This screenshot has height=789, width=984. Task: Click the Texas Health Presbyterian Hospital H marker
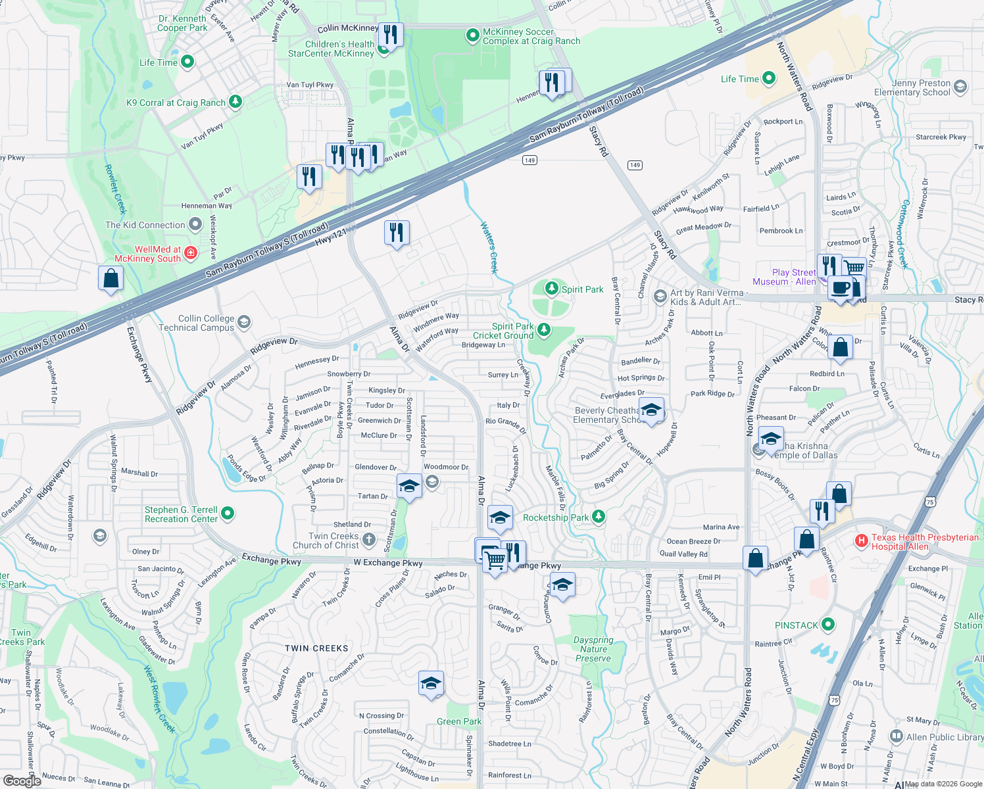coord(861,541)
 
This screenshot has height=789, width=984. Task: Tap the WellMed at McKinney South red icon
coord(190,253)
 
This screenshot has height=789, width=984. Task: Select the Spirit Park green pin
coord(552,289)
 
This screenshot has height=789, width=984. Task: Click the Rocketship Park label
coord(556,517)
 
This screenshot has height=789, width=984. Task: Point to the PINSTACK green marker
coord(828,625)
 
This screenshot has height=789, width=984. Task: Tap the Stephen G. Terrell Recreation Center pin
coord(228,514)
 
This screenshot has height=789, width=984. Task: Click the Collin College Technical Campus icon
coord(244,322)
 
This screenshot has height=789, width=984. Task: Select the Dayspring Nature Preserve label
coord(593,649)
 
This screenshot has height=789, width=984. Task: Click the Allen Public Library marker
coord(896,736)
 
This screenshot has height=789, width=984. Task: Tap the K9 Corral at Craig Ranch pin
coord(235,102)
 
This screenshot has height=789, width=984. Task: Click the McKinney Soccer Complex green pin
coord(472,36)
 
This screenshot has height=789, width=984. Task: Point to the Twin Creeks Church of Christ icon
coord(369,540)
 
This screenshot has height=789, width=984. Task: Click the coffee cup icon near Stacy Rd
coord(840,288)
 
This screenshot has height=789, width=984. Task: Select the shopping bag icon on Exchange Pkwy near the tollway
coord(111,278)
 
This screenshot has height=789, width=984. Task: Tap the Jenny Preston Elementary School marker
coord(960,87)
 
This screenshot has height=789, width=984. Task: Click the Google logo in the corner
coord(22,781)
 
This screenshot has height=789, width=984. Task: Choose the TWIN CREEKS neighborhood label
coord(316,648)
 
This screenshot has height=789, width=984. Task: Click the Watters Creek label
coord(489,247)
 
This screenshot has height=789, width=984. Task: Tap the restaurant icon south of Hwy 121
coord(397,232)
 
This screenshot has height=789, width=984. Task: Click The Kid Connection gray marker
coord(195,225)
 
